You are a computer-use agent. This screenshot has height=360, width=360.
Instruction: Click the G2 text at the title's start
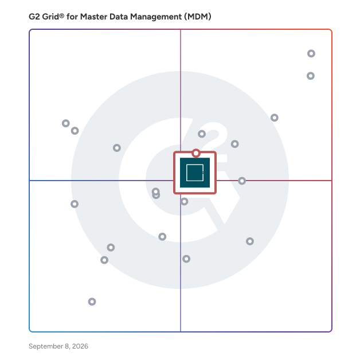34,17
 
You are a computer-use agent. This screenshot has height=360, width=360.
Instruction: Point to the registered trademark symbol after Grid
61,15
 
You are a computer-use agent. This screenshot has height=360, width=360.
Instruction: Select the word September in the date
46,346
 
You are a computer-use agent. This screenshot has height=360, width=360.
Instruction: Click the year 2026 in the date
80,346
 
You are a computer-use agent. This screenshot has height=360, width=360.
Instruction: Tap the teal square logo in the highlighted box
195,173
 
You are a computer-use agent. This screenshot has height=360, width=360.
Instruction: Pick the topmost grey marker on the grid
311,53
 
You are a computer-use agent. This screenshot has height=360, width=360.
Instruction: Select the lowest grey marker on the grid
92,302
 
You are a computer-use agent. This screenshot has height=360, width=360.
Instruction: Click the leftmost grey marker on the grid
66,123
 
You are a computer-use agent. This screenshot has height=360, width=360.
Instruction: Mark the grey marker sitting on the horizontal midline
242,181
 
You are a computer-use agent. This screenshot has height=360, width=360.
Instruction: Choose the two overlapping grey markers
156,193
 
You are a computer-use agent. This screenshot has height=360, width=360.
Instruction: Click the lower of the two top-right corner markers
310,76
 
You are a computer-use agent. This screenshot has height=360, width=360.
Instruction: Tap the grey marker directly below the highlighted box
184,202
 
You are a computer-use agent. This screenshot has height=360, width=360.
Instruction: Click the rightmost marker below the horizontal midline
250,241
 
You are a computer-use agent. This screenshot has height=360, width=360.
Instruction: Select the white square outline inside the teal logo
186,173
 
